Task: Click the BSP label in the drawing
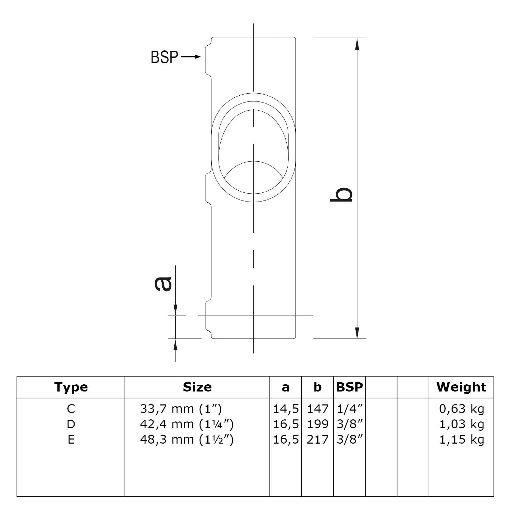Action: click(x=164, y=57)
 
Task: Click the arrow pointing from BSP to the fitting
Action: click(x=191, y=57)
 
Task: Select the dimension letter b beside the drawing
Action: click(x=341, y=195)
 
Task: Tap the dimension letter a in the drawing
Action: click(x=163, y=284)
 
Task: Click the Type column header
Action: click(x=71, y=387)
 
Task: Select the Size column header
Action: click(x=197, y=387)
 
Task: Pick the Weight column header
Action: click(x=461, y=387)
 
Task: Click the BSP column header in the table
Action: click(x=349, y=387)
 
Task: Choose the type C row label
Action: click(x=71, y=409)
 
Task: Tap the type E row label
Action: click(x=71, y=440)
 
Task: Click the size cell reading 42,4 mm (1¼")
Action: click(x=187, y=424)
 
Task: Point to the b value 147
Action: click(x=318, y=409)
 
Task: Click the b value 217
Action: click(x=318, y=440)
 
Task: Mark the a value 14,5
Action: click(x=286, y=409)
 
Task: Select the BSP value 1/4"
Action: click(x=349, y=409)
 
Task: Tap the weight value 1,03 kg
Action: click(x=461, y=424)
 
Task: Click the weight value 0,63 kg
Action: click(x=461, y=409)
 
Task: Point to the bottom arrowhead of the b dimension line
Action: click(x=357, y=332)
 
